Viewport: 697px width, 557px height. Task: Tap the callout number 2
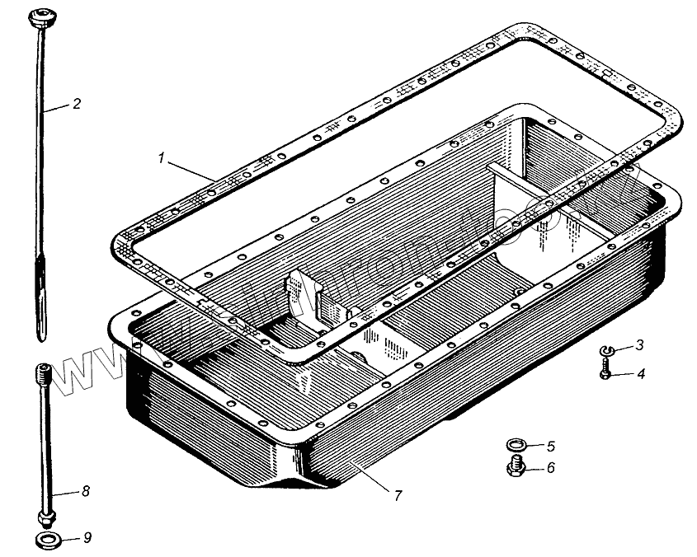76,105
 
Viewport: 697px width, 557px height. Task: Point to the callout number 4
639,373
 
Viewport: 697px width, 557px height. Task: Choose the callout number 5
550,447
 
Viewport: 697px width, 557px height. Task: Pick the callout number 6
550,469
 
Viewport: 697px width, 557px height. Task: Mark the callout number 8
85,492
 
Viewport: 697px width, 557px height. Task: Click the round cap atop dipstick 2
40,16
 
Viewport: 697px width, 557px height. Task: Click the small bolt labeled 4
605,373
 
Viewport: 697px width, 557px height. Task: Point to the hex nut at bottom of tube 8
45,519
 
